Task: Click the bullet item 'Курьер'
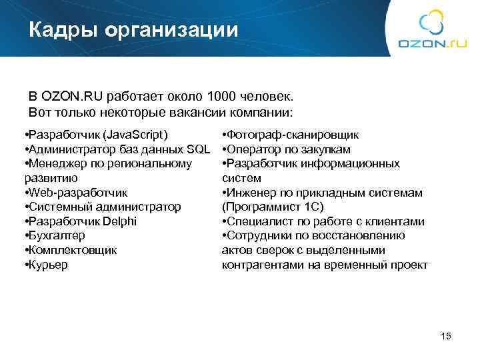point(48,265)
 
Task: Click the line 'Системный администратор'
point(104,207)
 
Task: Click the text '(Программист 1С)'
point(273,207)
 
